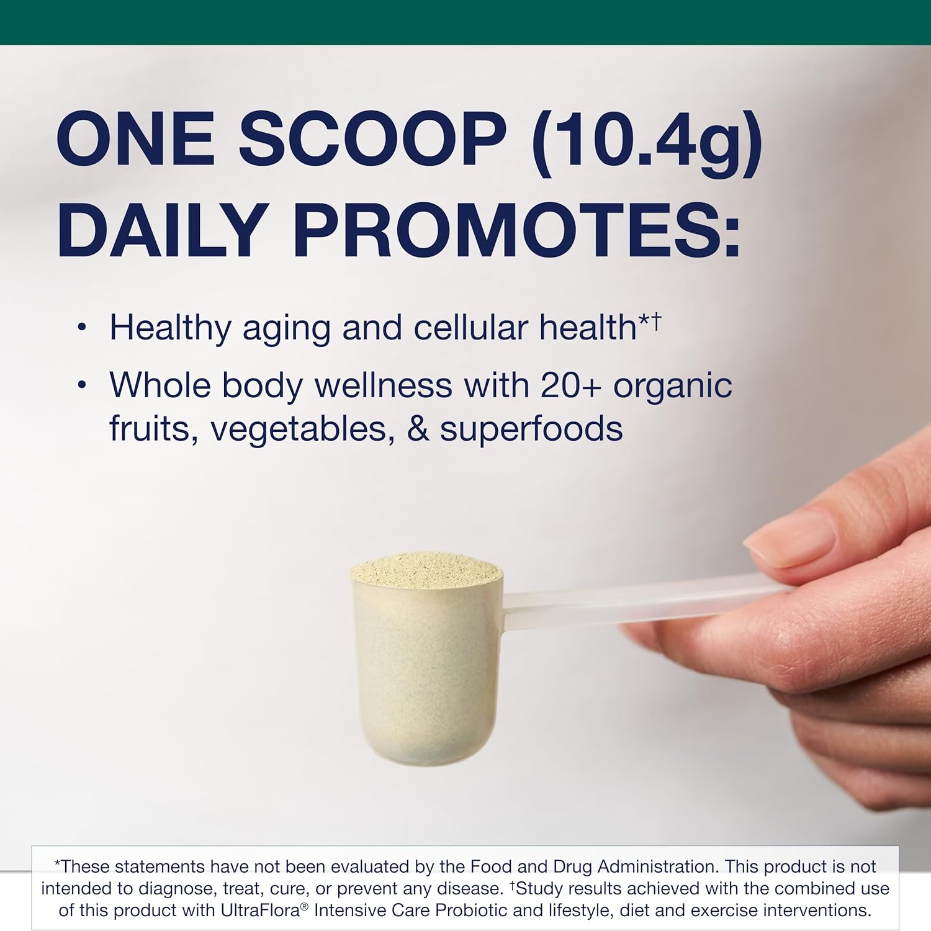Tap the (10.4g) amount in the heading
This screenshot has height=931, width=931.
(646, 142)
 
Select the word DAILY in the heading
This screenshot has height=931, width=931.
(162, 230)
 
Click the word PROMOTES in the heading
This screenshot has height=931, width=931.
(516, 230)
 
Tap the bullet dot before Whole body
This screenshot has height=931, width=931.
(82, 385)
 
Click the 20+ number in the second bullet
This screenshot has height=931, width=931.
(571, 385)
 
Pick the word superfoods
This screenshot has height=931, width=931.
(531, 429)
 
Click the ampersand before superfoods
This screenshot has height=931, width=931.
(418, 429)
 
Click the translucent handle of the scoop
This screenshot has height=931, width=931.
(627, 601)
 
